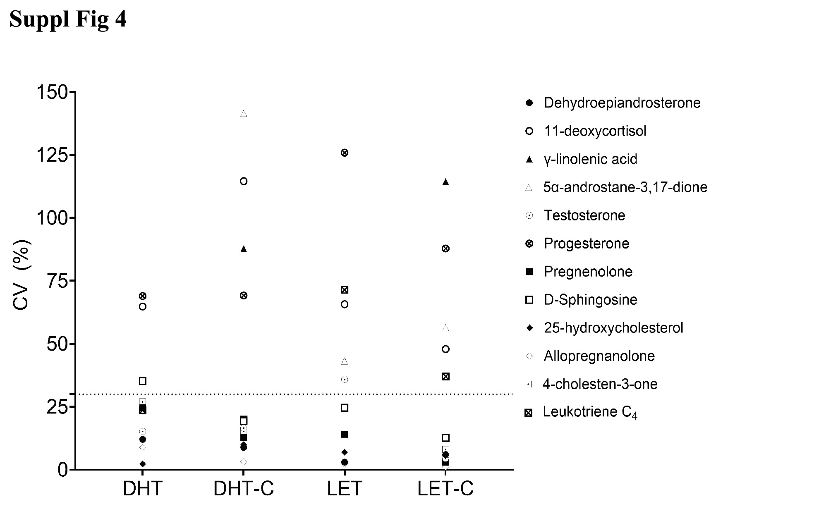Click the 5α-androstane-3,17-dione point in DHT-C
tap(244, 114)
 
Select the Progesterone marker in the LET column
tap(345, 153)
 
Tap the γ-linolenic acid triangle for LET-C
tap(445, 182)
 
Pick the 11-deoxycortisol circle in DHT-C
tap(244, 182)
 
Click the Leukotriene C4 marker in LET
tap(345, 290)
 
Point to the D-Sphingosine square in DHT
tap(143, 381)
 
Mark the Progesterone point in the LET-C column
tap(445, 249)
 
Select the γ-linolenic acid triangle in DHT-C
tap(244, 249)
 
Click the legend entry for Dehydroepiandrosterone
tap(622, 103)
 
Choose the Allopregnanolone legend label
tap(599, 356)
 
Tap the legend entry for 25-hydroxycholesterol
tap(613, 328)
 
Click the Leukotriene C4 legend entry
tap(590, 412)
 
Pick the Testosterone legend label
tap(584, 215)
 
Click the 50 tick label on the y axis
tap(57, 344)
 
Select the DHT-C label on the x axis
tap(244, 489)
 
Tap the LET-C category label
tap(445, 489)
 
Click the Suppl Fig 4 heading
tap(68, 19)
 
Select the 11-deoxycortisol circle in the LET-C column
tap(445, 349)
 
